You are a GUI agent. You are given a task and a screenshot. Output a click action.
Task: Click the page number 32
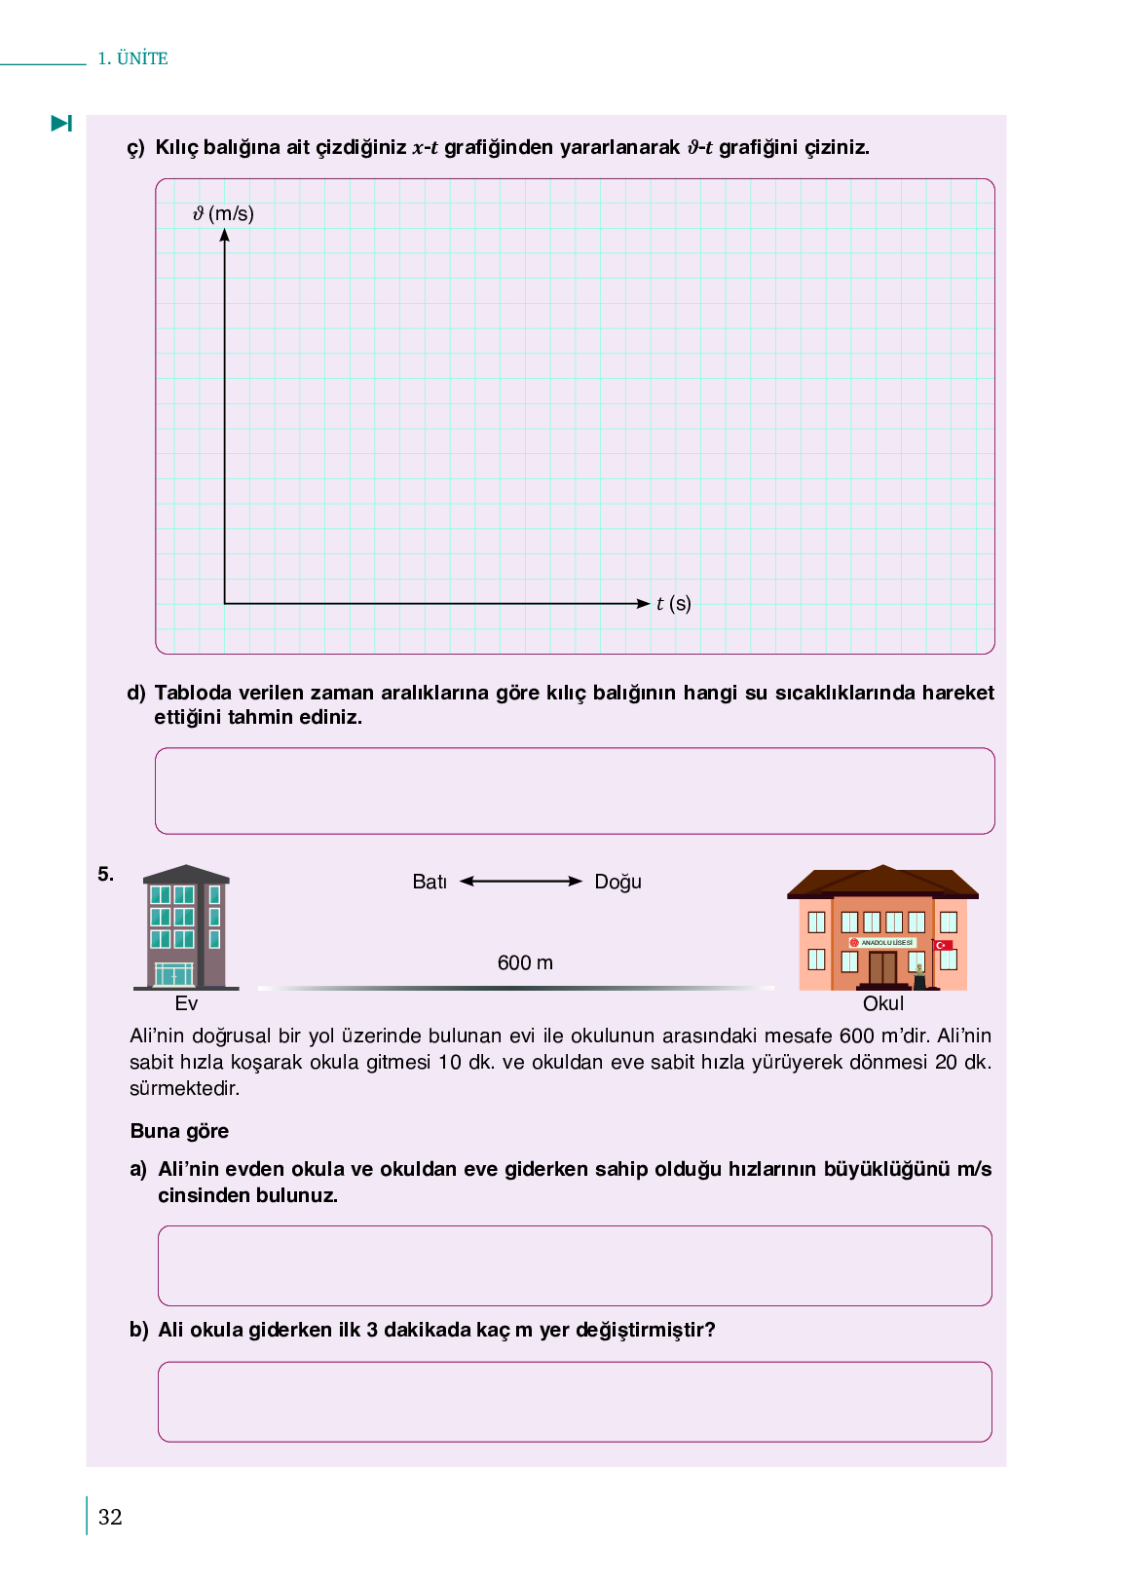click(x=110, y=1517)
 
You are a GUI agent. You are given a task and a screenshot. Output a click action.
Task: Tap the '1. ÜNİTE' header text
click(x=132, y=58)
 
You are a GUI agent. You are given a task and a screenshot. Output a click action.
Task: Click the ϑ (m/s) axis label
click(x=223, y=213)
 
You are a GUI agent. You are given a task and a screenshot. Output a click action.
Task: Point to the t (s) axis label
click(x=673, y=604)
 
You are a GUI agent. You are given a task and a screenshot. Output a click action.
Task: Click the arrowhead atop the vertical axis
click(x=224, y=235)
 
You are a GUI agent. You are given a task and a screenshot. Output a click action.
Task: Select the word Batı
click(x=430, y=882)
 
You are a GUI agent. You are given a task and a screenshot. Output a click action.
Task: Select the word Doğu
click(x=617, y=882)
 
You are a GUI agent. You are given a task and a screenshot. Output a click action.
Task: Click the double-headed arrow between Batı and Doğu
click(x=521, y=882)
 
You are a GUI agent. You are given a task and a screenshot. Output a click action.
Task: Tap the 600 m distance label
click(x=525, y=962)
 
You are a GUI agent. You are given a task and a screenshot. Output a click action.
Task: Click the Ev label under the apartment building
click(x=186, y=1003)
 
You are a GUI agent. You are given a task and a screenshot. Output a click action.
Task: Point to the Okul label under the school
click(x=883, y=1003)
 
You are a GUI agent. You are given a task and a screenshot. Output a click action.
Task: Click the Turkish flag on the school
click(x=943, y=945)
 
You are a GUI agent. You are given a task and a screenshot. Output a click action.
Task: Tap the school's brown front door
click(x=882, y=968)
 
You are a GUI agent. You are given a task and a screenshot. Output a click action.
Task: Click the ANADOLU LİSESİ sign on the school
click(x=882, y=943)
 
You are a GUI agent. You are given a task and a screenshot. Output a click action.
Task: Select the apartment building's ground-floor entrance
click(x=174, y=974)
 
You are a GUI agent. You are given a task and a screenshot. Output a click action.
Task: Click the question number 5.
click(x=105, y=874)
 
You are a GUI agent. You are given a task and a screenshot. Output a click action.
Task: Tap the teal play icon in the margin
click(x=61, y=124)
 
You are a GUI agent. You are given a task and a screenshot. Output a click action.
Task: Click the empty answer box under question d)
click(x=575, y=791)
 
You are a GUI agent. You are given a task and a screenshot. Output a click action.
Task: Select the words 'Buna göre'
click(x=179, y=1131)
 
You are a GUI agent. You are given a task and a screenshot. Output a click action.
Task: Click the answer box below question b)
click(x=575, y=1402)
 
